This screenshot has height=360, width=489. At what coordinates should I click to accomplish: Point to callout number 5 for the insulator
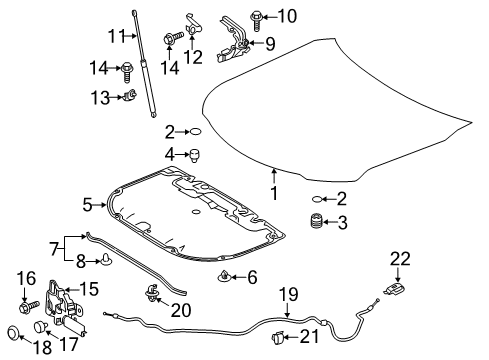coord(87,205)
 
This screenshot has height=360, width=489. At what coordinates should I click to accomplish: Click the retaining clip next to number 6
coord(224,276)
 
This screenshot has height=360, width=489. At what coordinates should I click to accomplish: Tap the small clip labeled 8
coord(105,264)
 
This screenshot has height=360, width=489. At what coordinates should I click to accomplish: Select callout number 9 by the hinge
coord(268,42)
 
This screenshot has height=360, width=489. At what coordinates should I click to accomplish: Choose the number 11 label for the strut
coord(117,37)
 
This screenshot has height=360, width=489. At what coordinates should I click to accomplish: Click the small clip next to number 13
coord(130,96)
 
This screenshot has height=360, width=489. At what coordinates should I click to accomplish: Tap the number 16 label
coord(27,278)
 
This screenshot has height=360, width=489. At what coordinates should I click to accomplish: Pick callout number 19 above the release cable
coord(288,294)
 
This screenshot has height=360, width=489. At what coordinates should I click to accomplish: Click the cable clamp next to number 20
coord(154,291)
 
